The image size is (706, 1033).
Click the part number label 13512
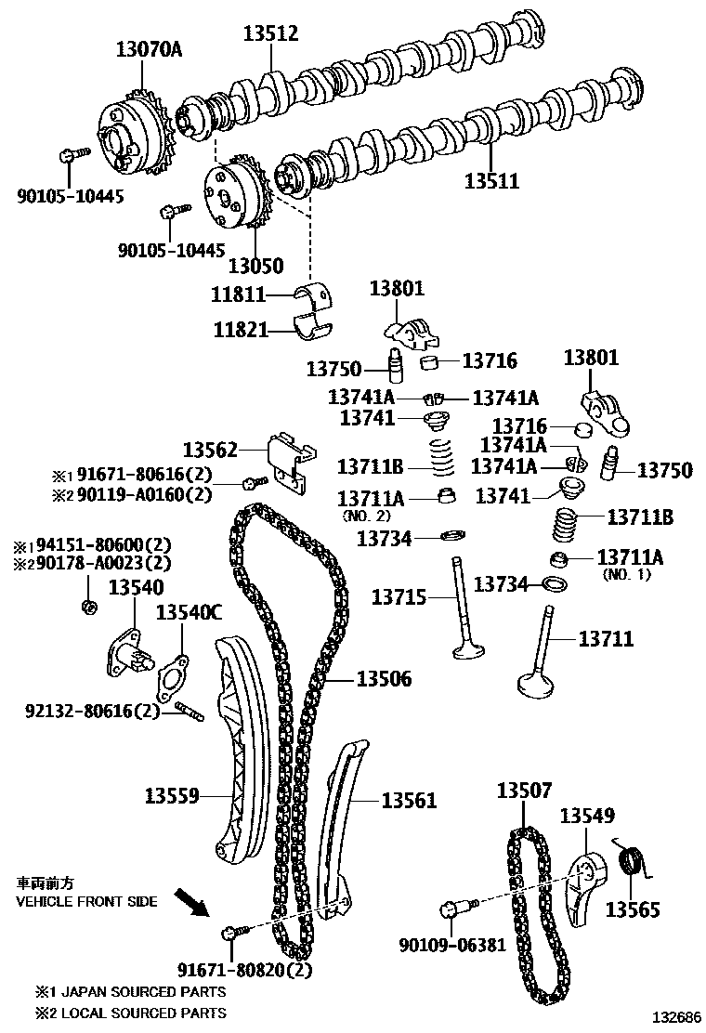tap(270, 34)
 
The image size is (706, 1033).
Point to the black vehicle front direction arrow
tap(196, 900)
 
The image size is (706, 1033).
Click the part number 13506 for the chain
tap(384, 680)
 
